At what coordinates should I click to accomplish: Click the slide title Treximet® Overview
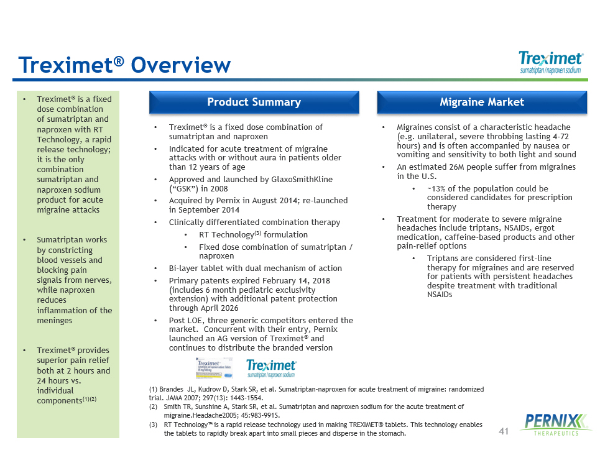point(124,65)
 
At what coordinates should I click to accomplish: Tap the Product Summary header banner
point(254,103)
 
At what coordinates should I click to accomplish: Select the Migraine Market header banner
point(482,103)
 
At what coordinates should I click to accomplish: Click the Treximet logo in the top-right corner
point(550,62)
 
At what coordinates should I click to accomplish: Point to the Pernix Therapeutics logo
point(551,424)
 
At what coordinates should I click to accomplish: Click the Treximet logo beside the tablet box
point(272,368)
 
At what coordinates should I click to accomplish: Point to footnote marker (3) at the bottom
point(154,425)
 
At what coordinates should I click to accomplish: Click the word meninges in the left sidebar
point(55,321)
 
